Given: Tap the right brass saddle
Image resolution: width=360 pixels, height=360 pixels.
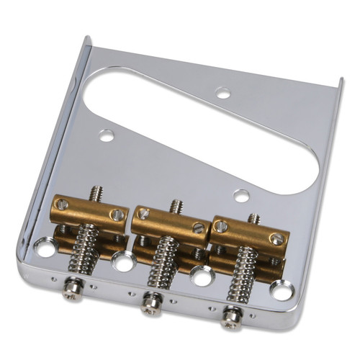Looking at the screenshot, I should [x=249, y=232].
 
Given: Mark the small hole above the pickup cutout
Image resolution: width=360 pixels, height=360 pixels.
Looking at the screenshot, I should [x=223, y=93].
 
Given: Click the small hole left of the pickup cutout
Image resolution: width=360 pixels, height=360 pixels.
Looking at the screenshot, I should [x=107, y=135].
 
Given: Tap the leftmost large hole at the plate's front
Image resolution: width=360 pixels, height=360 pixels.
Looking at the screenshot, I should [x=45, y=249].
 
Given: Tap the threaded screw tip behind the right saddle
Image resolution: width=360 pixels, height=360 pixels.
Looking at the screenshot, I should [x=253, y=217].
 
